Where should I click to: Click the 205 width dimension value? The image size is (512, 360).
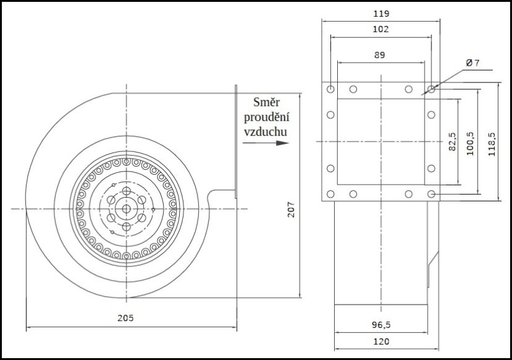click(x=126, y=318)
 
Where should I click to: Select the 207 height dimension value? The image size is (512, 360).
click(x=291, y=209)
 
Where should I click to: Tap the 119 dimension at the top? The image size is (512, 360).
click(x=381, y=14)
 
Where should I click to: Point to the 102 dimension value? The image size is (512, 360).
click(x=381, y=29)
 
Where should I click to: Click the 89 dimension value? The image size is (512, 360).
click(x=380, y=55)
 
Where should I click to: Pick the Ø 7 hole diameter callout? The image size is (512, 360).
click(x=472, y=63)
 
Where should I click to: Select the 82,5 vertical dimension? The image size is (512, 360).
click(x=452, y=142)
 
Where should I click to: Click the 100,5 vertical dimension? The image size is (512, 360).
click(x=470, y=144)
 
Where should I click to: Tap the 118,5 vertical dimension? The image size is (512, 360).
click(x=492, y=144)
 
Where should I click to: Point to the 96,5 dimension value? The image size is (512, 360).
click(x=381, y=325)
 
